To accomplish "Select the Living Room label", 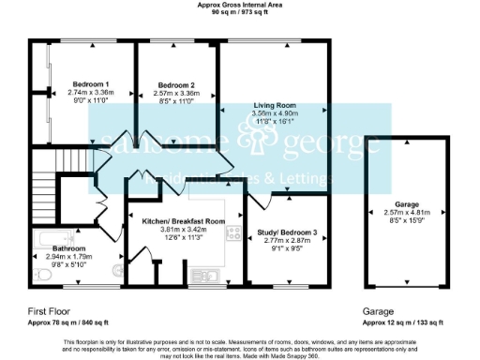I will (275, 106).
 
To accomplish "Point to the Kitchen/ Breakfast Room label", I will (183, 220).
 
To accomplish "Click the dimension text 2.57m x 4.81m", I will (406, 213).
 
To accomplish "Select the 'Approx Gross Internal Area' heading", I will (239, 5).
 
